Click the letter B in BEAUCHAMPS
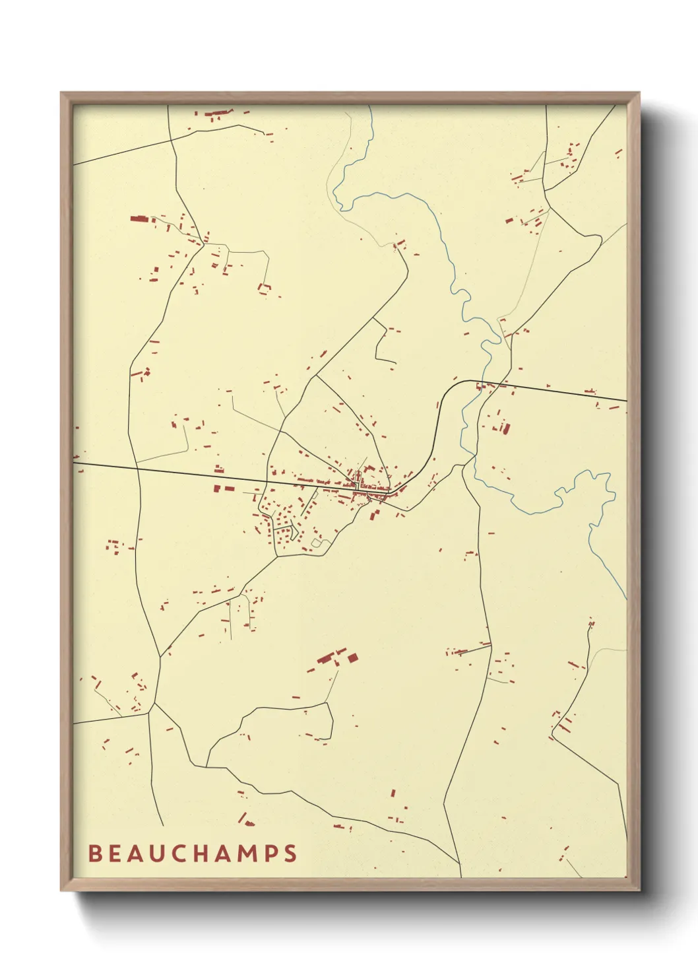95,854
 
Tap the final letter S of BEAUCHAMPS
291,854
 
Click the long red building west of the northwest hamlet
139,218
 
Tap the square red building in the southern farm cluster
352,657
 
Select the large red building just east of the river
506,428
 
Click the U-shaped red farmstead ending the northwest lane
265,288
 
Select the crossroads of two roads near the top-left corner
172,139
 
